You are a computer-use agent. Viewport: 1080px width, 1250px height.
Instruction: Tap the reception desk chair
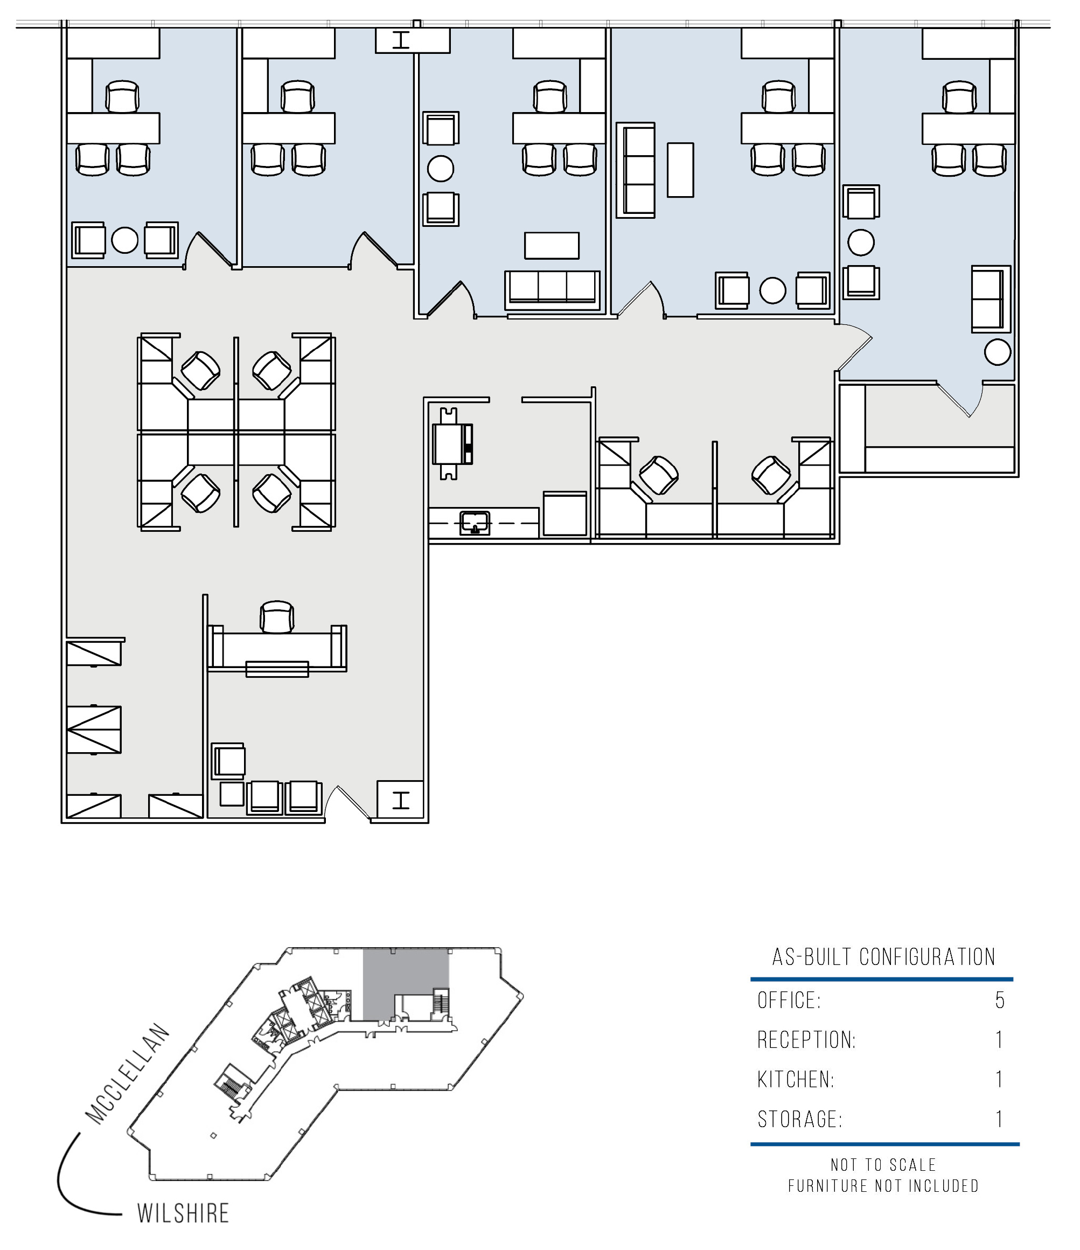(x=277, y=616)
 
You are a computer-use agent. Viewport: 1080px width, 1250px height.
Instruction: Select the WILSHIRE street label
(x=183, y=1213)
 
